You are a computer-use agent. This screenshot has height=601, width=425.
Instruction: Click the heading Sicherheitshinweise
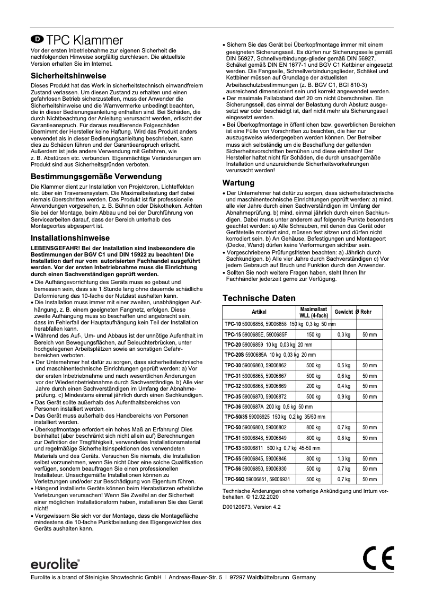click(x=68, y=76)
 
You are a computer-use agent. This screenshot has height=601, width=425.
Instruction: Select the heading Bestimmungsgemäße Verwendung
click(x=96, y=176)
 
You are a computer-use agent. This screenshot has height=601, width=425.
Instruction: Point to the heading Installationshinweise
click(x=70, y=238)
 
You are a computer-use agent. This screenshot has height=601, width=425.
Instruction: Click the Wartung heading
click(x=238, y=183)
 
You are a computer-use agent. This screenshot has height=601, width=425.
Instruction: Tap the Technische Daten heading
click(x=259, y=298)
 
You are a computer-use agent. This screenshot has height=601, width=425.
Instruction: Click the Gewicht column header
click(x=343, y=312)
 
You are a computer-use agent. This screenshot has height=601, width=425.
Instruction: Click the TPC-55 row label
click(x=232, y=458)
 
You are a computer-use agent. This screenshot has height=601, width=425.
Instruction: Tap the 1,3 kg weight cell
click(x=344, y=458)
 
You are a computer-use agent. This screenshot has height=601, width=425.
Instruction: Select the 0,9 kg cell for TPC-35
click(x=344, y=396)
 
